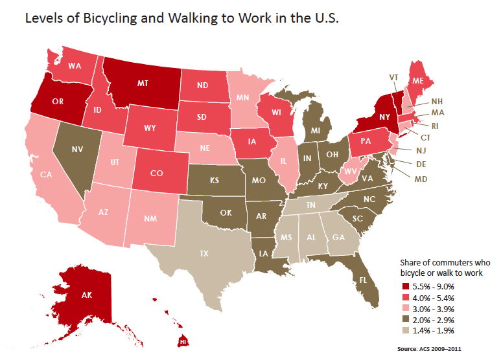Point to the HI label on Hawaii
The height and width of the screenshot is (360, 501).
click(x=183, y=342)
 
